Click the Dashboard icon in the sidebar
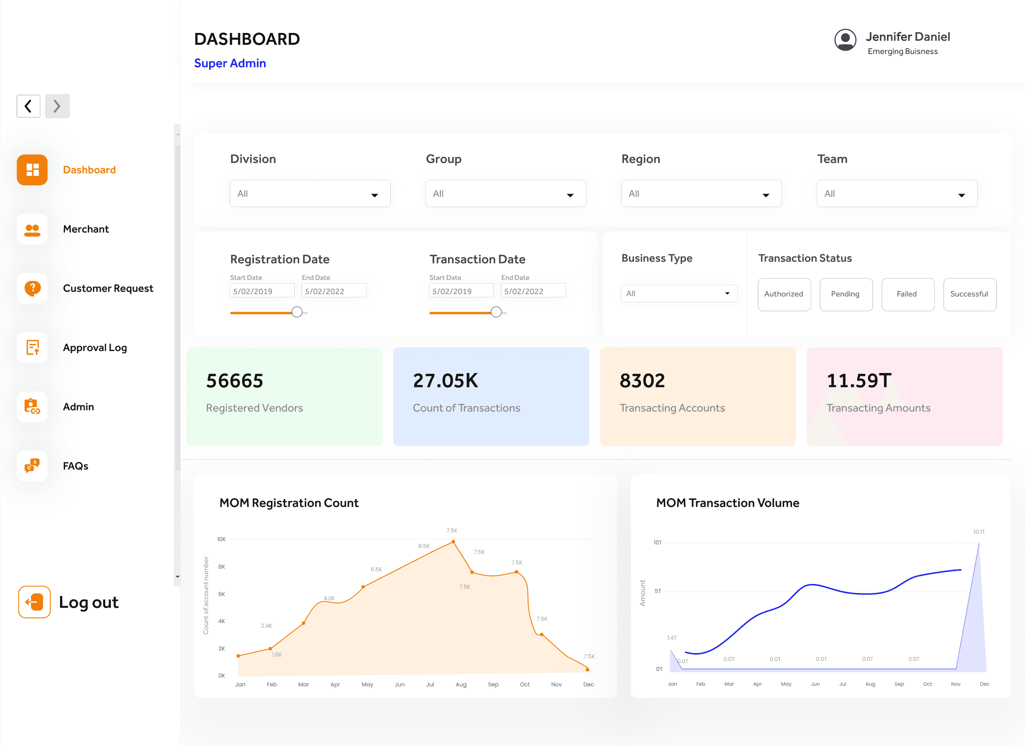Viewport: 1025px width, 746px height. click(32, 170)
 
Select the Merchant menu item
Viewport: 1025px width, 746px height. click(86, 229)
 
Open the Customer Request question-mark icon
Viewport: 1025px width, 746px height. click(32, 288)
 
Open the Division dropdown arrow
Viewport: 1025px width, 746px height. click(375, 195)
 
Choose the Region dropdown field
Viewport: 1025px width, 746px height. click(701, 194)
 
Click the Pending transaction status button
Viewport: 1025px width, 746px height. click(846, 294)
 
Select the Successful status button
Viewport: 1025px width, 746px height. click(970, 294)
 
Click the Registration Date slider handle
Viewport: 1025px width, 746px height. click(297, 312)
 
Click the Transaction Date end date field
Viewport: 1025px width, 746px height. click(533, 291)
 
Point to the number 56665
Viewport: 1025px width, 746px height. click(235, 381)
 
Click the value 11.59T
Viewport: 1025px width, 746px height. click(859, 381)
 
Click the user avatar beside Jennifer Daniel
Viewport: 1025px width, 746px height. click(845, 40)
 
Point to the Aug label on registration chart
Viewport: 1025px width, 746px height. click(461, 684)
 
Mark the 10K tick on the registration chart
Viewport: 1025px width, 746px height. click(222, 539)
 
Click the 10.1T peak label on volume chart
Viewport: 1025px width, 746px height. click(979, 532)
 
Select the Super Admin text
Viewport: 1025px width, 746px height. click(230, 63)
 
